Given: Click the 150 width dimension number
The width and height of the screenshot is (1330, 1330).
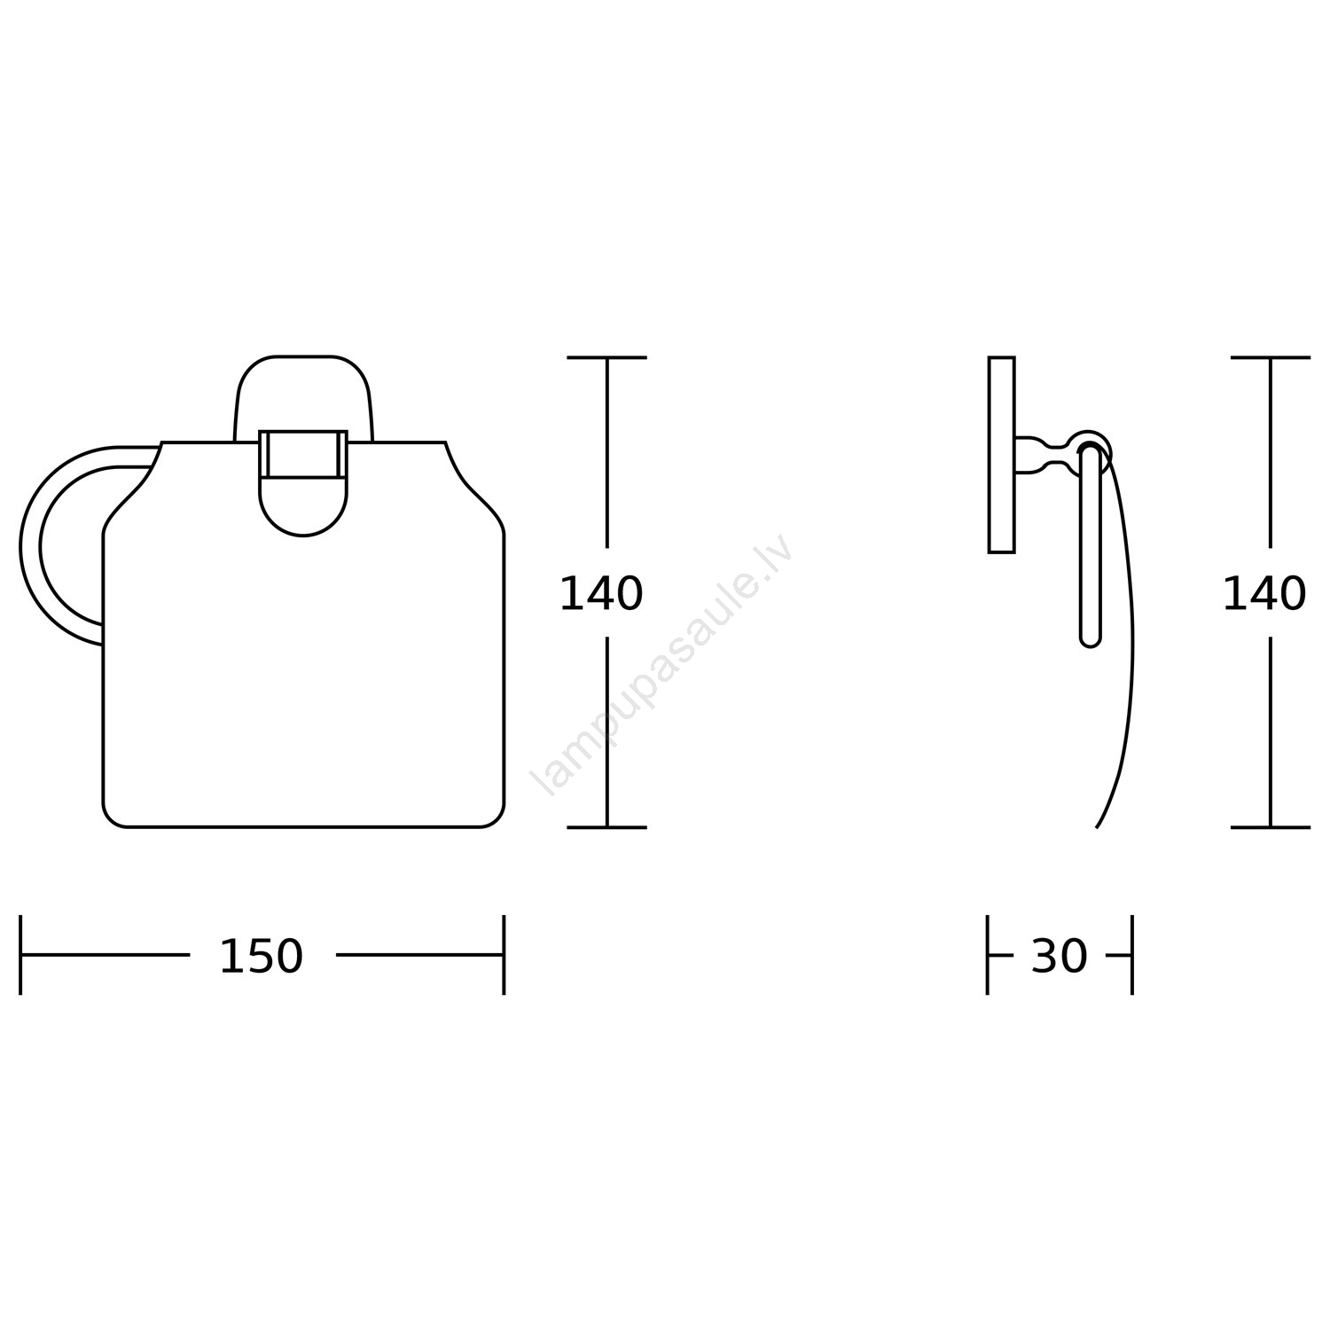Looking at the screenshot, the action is pyautogui.click(x=261, y=957).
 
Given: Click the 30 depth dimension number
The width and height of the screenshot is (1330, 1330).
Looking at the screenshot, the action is pyautogui.click(x=1059, y=957).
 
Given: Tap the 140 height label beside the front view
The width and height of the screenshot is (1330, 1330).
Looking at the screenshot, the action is pyautogui.click(x=601, y=593).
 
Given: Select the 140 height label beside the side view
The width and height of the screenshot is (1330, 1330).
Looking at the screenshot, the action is pyautogui.click(x=1264, y=593).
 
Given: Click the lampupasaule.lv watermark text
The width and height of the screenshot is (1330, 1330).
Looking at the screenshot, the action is pyautogui.click(x=661, y=665).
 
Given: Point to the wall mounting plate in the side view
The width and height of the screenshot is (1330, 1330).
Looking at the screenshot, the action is pyautogui.click(x=1001, y=455).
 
